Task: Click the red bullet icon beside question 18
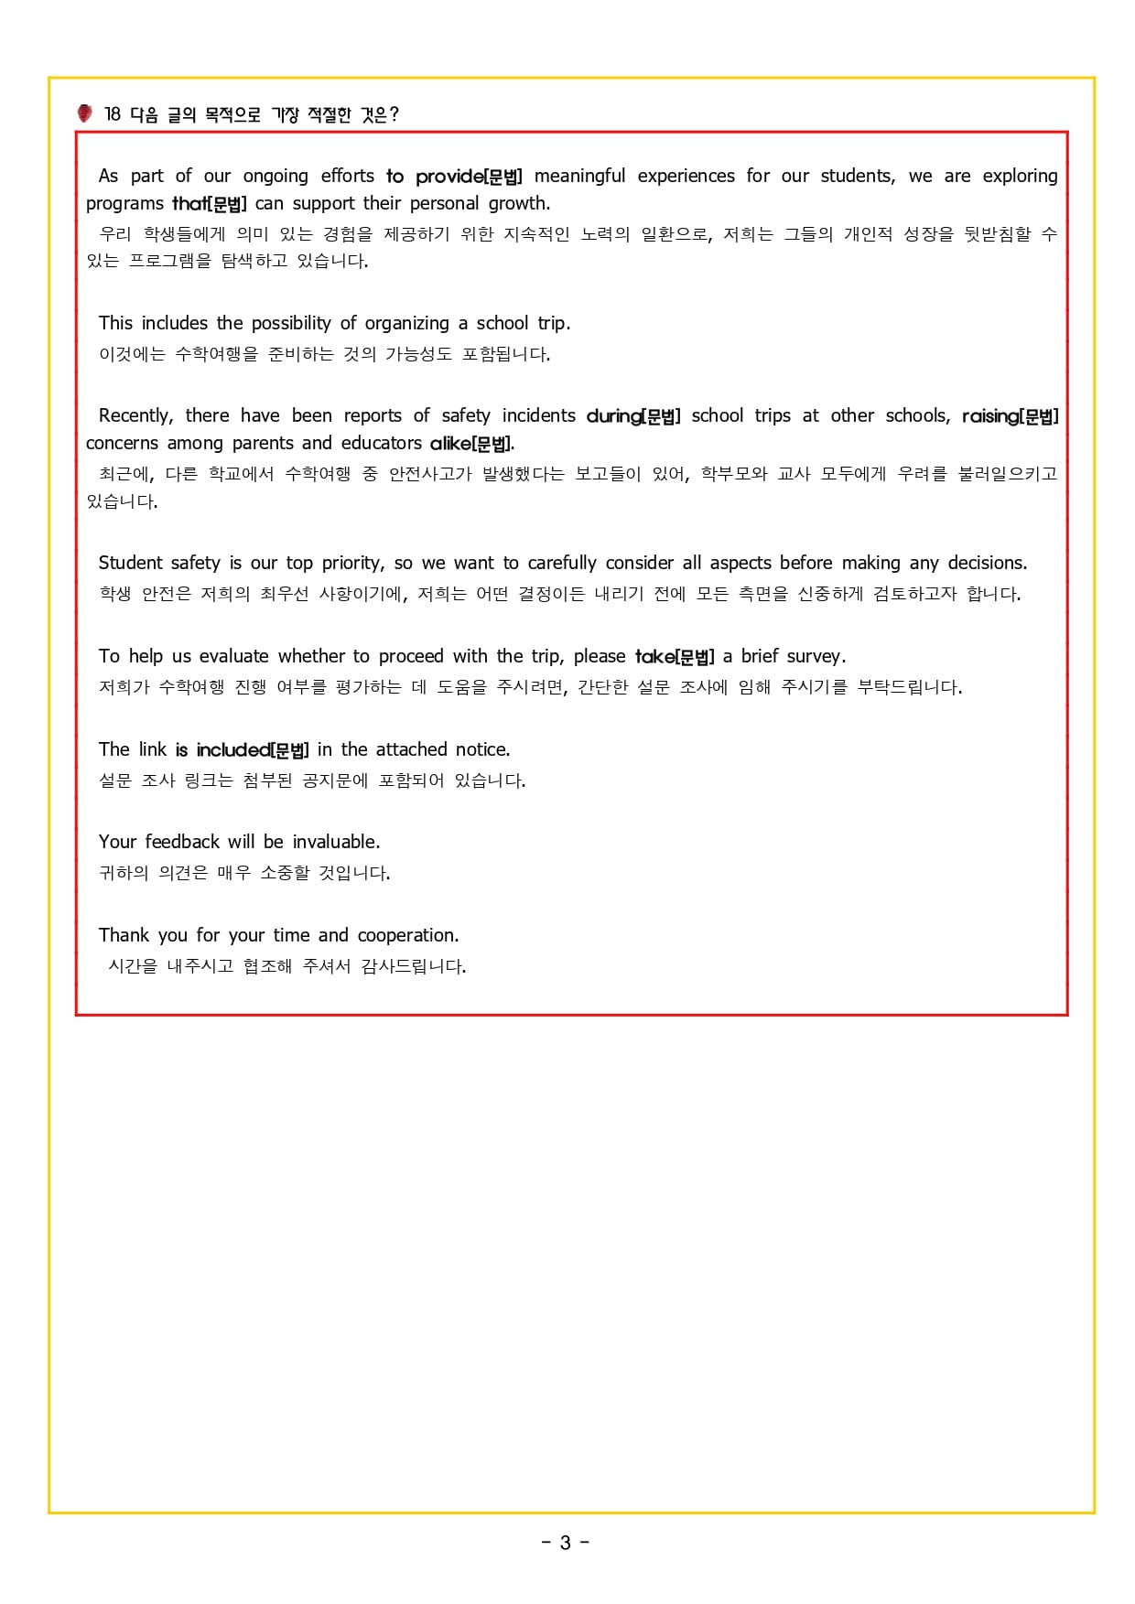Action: click(x=84, y=113)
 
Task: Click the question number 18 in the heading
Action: click(x=112, y=114)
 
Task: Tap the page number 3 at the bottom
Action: click(x=565, y=1543)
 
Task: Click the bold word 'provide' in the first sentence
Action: click(x=449, y=176)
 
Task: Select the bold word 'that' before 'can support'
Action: click(x=189, y=203)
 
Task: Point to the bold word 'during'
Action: click(x=613, y=415)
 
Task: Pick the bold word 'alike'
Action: click(x=450, y=443)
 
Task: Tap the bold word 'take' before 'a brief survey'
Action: click(x=654, y=656)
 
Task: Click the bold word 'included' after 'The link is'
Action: click(x=233, y=749)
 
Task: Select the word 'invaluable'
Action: click(x=335, y=842)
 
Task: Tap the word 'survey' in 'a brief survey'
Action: click(x=815, y=656)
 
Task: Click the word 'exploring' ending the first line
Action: click(x=1020, y=176)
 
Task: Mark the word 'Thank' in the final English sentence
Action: click(x=124, y=935)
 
